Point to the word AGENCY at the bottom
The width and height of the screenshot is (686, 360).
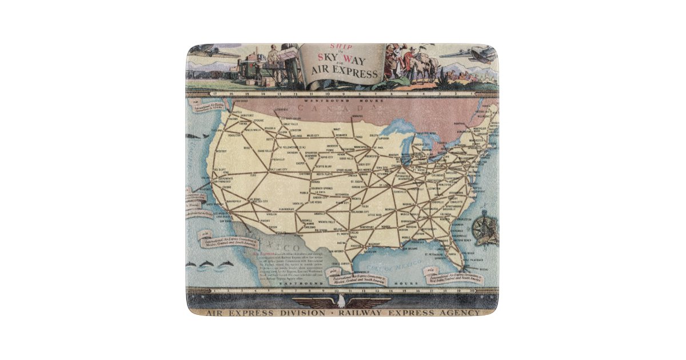tap(460, 313)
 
